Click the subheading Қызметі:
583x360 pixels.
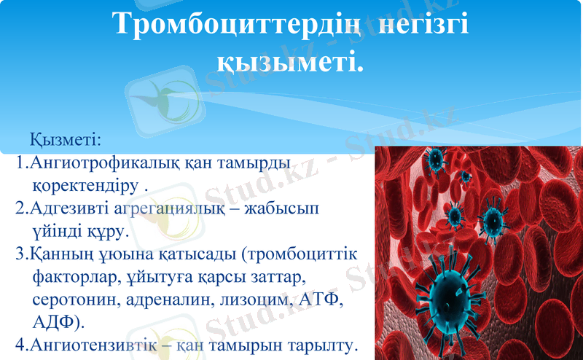point(65,138)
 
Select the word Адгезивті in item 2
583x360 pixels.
point(67,208)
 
